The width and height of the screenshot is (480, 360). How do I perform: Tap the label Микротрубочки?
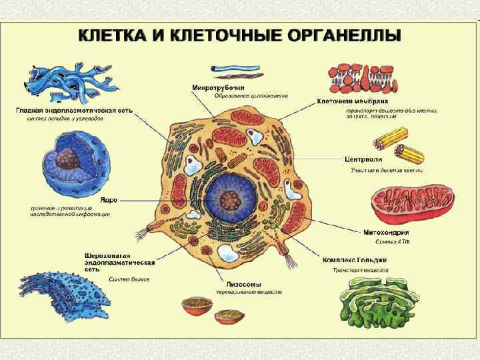click(x=218, y=87)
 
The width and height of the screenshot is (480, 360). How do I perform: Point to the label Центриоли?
click(x=363, y=160)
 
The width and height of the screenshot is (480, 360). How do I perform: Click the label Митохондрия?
click(x=386, y=233)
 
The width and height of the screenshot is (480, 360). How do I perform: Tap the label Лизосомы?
click(x=233, y=283)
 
